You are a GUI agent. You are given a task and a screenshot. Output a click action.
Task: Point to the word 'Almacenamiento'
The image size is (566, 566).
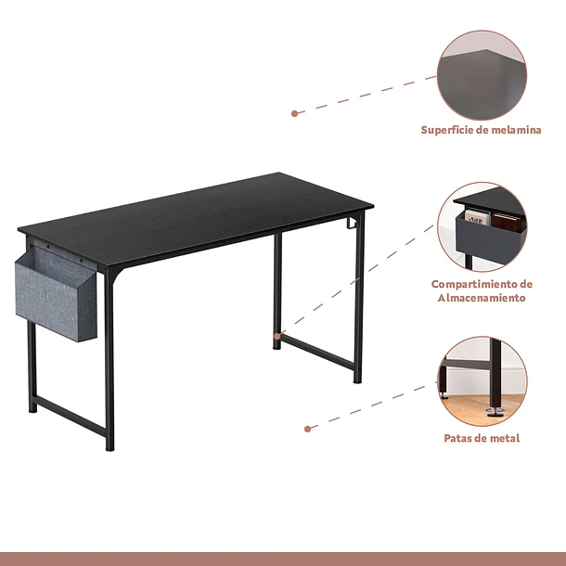pyautogui.click(x=482, y=298)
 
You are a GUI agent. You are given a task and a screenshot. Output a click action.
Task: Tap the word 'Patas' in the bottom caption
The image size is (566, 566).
pyautogui.click(x=458, y=438)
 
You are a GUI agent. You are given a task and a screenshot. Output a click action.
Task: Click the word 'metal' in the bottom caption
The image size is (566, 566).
pyautogui.click(x=505, y=438)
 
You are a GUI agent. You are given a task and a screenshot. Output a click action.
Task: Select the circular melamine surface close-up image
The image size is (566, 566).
pyautogui.click(x=482, y=75)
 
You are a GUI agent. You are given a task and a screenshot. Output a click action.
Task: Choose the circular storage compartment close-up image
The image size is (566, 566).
pyautogui.click(x=482, y=227)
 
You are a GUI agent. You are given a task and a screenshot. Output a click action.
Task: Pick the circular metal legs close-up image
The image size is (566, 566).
pyautogui.click(x=482, y=381)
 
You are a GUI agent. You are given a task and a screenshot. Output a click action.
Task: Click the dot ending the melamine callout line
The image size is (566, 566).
pyautogui.click(x=294, y=114)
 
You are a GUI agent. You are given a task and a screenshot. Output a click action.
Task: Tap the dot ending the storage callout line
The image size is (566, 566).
pyautogui.click(x=277, y=337)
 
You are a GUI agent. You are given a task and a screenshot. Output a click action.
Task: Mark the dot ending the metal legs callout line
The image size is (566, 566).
pyautogui.click(x=307, y=430)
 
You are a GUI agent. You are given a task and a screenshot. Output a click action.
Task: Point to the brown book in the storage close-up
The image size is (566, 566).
pyautogui.click(x=506, y=223)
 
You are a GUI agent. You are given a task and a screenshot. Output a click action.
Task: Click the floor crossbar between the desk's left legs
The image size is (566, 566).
pyautogui.click(x=71, y=416)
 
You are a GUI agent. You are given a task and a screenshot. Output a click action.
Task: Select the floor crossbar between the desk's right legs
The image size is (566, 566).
pyautogui.click(x=317, y=352)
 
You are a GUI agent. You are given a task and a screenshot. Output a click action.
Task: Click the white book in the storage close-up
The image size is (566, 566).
pyautogui.click(x=477, y=217)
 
